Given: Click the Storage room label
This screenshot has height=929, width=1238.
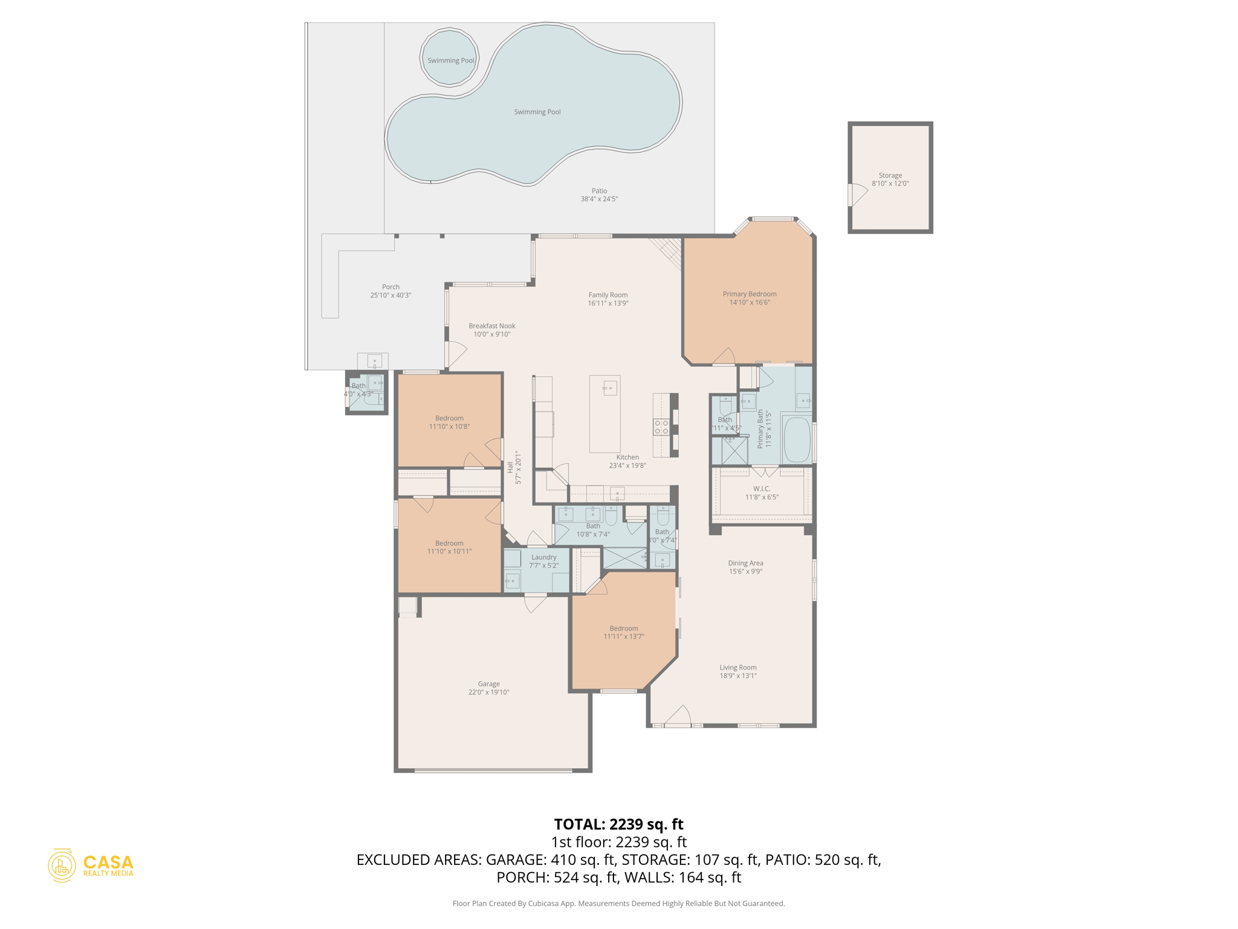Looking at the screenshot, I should [890, 175].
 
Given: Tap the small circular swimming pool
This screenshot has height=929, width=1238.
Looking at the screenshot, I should [450, 57].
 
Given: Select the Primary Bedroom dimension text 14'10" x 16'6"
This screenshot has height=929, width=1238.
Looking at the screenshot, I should [750, 302].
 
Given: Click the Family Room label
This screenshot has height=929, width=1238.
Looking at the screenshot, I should [608, 295].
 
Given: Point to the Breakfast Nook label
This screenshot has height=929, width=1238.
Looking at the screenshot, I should [492, 326].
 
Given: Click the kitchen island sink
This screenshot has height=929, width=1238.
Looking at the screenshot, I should [610, 388].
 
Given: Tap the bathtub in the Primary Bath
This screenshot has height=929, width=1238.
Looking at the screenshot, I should [797, 440].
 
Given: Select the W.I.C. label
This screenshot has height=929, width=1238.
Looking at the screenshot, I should [762, 489].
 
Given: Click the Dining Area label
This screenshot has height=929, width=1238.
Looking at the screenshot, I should [745, 563].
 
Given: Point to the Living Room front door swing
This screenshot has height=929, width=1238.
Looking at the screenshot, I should [679, 715].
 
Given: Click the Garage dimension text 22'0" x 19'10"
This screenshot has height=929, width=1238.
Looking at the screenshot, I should [488, 693].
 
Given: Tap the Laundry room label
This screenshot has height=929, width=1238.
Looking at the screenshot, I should [543, 557].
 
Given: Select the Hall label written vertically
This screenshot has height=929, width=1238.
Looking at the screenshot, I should [510, 467].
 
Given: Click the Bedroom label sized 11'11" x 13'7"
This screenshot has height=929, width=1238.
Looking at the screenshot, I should [623, 628].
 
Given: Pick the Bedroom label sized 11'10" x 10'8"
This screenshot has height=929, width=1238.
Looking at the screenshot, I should [449, 419].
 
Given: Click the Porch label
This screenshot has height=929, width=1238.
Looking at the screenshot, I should [391, 287].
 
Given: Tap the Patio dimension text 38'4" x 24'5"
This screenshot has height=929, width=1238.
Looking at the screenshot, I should [599, 199].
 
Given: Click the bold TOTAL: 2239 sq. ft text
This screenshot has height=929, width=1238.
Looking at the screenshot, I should [618, 824].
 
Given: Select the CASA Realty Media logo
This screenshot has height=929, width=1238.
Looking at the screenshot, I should [91, 865].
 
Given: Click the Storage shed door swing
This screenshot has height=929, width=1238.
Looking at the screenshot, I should [857, 194].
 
